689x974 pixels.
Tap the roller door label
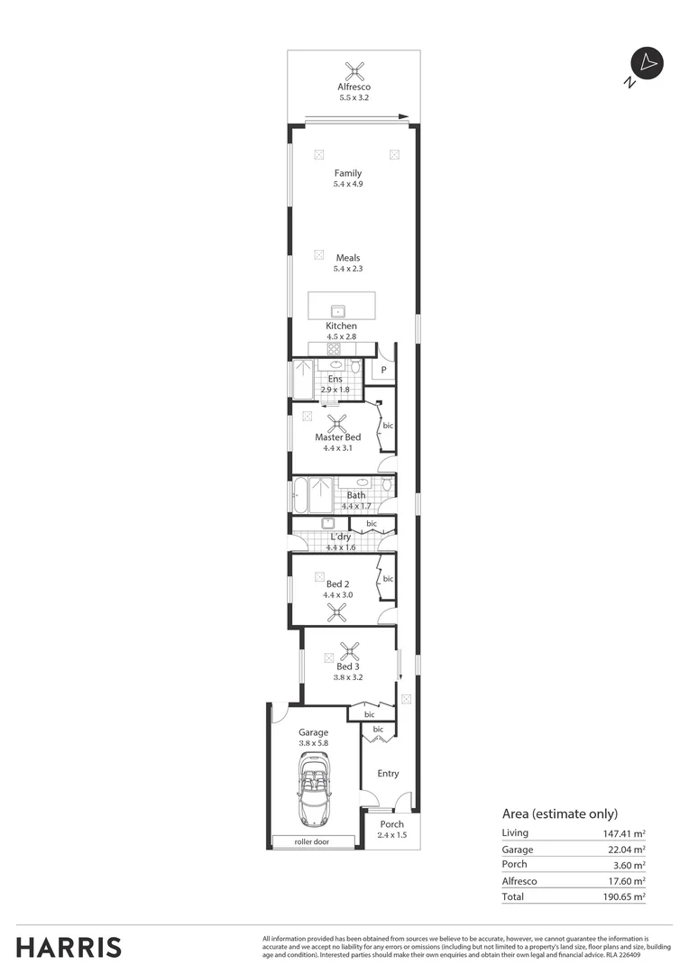[x=312, y=841]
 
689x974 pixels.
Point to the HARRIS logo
[x=69, y=947]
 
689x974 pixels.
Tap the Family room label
[x=348, y=173]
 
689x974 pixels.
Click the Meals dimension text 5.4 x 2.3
[x=348, y=269]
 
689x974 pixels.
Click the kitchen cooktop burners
[x=333, y=349]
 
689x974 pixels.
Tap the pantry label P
[x=383, y=370]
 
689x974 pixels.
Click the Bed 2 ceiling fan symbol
[x=337, y=613]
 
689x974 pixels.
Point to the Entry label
[x=388, y=774]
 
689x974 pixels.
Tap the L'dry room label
[x=340, y=537]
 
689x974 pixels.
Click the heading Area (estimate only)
[x=559, y=813]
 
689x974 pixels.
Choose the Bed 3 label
[x=349, y=667]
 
